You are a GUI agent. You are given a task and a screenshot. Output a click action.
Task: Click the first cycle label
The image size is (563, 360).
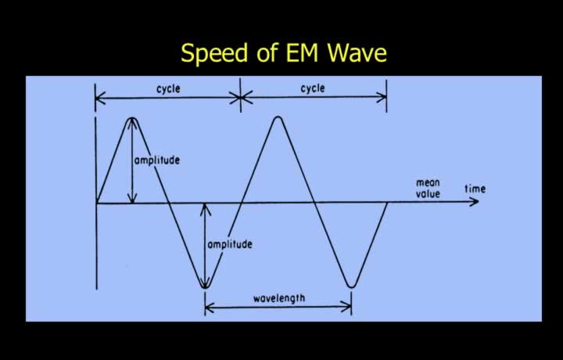(168, 88)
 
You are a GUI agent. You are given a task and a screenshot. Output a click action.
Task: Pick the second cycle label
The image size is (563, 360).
(312, 88)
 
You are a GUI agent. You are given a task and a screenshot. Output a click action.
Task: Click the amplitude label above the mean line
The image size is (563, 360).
(157, 160)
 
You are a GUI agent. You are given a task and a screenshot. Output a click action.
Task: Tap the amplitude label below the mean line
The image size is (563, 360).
(230, 244)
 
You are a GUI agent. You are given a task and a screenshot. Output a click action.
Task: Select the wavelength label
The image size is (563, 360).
(279, 298)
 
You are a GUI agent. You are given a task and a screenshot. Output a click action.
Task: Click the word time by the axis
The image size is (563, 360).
(475, 189)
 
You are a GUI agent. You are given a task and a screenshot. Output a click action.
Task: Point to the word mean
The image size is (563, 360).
(428, 183)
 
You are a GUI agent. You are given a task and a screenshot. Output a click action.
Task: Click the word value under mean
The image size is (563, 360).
(428, 194)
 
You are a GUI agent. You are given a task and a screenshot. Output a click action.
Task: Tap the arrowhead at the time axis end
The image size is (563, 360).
(474, 202)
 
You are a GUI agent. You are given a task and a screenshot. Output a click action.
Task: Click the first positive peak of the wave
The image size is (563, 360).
(132, 118)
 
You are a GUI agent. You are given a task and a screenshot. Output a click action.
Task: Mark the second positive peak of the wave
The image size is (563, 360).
(278, 117)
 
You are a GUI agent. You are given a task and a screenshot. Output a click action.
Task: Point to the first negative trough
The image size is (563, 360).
(205, 287)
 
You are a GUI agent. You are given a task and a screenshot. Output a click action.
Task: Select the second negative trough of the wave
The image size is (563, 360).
(351, 286)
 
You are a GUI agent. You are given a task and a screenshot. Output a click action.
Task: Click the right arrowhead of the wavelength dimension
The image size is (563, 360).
(347, 308)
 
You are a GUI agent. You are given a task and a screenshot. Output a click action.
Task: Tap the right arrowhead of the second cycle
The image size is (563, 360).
(382, 97)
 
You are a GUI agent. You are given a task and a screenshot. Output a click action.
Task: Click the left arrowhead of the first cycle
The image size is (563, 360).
(101, 98)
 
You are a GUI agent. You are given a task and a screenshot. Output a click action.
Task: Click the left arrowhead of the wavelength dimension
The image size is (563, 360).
(210, 308)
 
